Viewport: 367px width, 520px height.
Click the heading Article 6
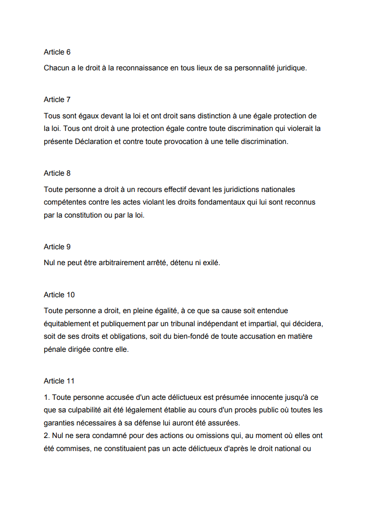pyautogui.click(x=57, y=52)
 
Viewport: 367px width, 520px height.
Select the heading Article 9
pyautogui.click(x=57, y=247)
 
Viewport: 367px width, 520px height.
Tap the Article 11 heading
pyautogui.click(x=59, y=381)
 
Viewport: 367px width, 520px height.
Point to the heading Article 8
pyautogui.click(x=57, y=173)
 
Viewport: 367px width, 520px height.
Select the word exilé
pyautogui.click(x=210, y=263)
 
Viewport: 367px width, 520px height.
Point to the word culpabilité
pyautogui.click(x=90, y=410)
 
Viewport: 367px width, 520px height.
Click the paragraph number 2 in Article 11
pyautogui.click(x=46, y=436)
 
